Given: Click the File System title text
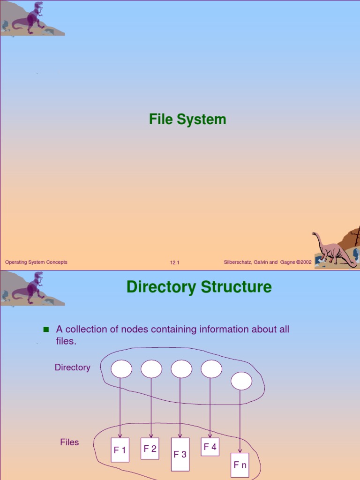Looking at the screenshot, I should (x=187, y=120).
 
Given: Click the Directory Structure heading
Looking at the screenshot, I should (x=199, y=286).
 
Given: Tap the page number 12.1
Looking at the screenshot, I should (x=175, y=263).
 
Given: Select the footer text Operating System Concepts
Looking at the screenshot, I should (x=36, y=262).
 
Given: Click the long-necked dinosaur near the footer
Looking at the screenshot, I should (x=334, y=249).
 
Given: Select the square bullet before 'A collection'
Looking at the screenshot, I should (x=46, y=330).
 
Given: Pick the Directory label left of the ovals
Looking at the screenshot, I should (x=72, y=367).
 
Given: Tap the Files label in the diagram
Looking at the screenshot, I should (x=69, y=442).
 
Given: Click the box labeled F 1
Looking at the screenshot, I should (x=120, y=450).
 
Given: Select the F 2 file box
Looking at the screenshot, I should (x=150, y=449).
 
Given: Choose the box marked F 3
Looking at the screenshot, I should (x=180, y=454).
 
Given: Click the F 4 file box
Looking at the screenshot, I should (x=210, y=447).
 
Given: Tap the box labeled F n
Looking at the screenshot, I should (x=240, y=465).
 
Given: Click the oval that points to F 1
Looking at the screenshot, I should (x=121, y=369).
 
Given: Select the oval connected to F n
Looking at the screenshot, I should (x=241, y=381).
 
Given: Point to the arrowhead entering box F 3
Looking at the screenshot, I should (x=180, y=436).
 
